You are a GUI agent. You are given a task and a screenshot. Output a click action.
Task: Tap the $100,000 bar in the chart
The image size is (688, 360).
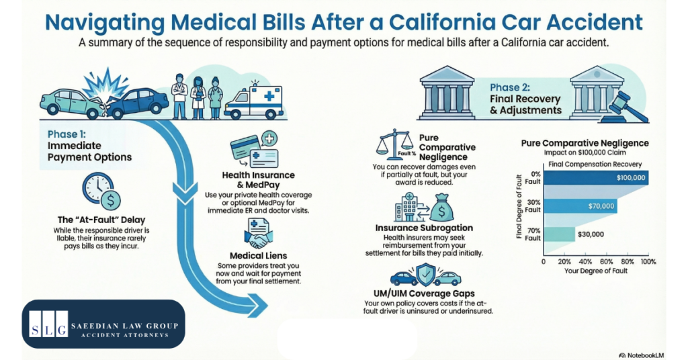click(x=595, y=178)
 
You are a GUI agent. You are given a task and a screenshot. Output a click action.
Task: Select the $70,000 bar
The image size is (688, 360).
click(x=579, y=206)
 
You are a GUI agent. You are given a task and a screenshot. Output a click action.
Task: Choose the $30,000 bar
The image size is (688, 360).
click(x=558, y=234)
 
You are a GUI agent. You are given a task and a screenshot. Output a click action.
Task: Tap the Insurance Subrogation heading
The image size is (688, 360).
click(x=423, y=228)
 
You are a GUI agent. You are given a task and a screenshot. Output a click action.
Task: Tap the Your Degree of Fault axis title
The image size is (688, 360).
click(x=595, y=271)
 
